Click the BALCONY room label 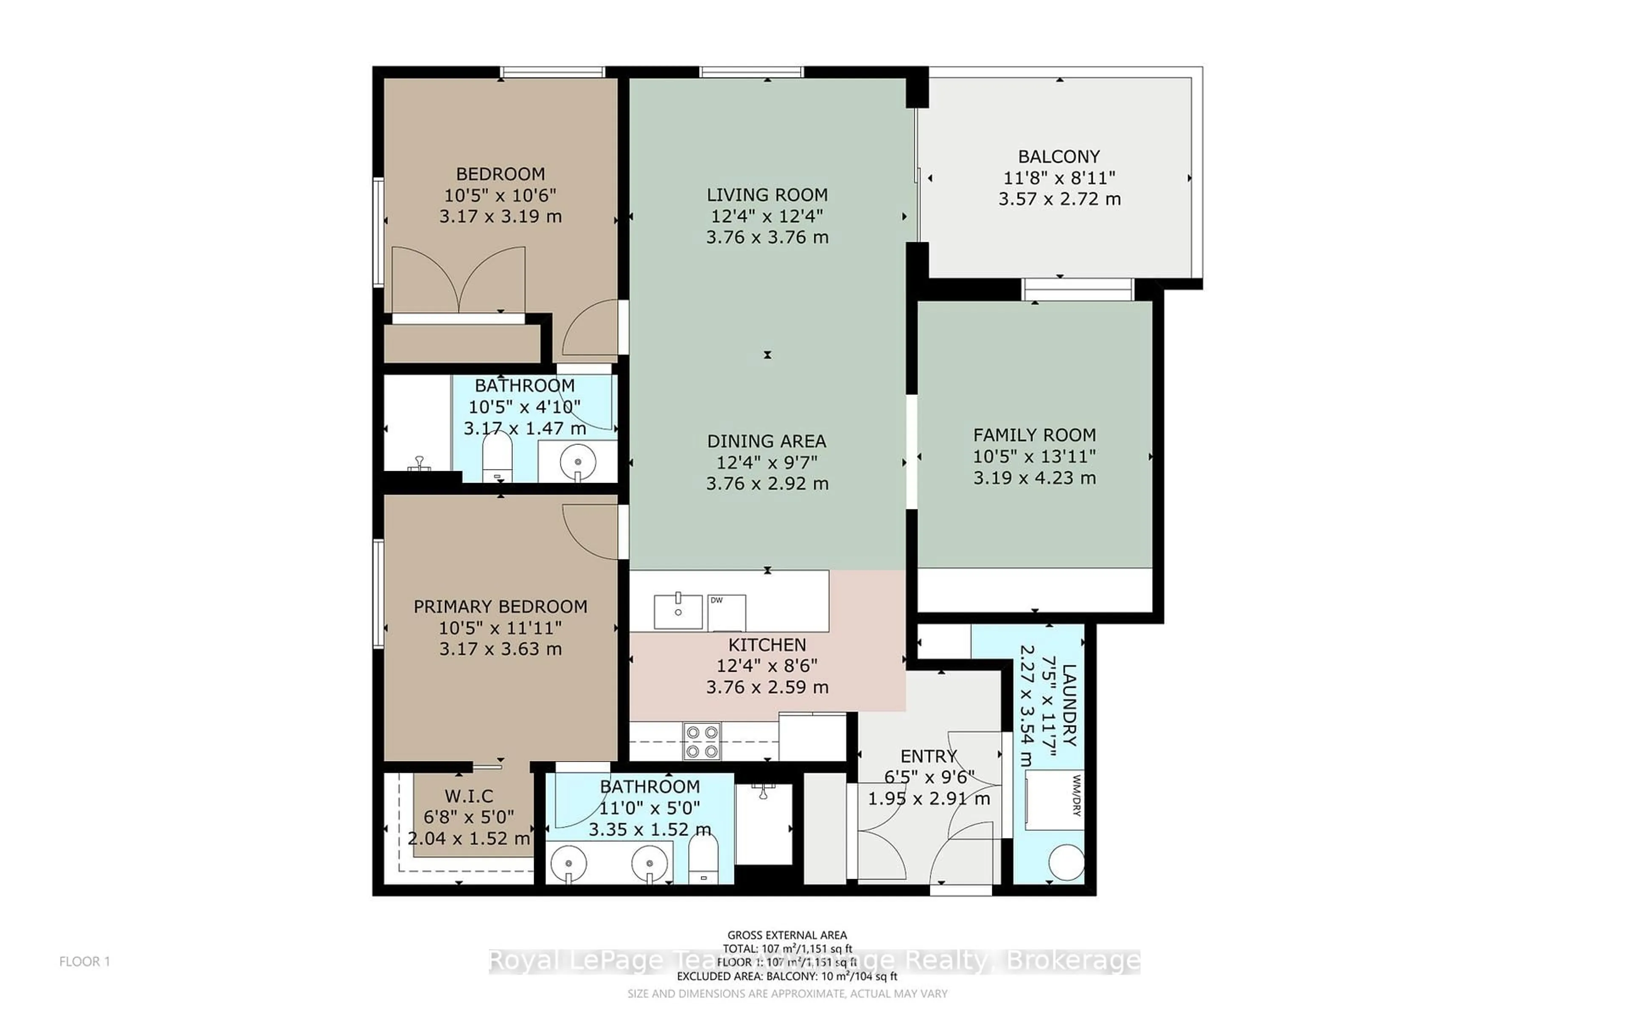click(1059, 157)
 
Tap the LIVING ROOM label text click(767, 195)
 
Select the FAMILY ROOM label click(1034, 435)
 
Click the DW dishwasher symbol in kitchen click(726, 612)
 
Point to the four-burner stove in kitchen click(702, 741)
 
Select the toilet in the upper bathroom click(498, 457)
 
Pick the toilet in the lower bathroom click(703, 858)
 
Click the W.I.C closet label click(469, 796)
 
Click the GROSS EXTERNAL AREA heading click(787, 935)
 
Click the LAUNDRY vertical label click(1068, 706)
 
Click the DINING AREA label click(767, 441)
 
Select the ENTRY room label click(928, 756)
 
